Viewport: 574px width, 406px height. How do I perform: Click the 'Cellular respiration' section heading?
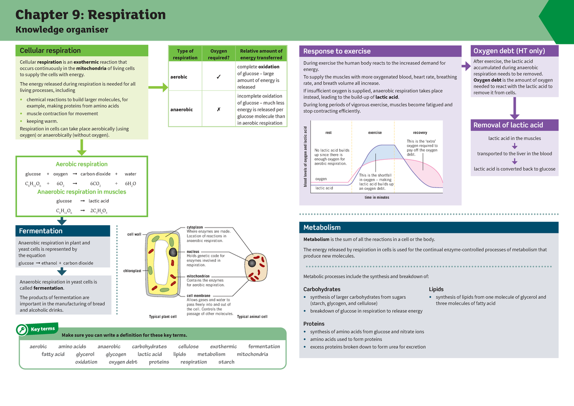[x=50, y=51]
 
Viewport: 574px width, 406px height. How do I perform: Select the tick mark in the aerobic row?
[x=218, y=77]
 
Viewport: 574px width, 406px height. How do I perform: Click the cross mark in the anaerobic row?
[x=218, y=110]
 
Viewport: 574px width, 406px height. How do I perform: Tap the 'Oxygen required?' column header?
[x=218, y=54]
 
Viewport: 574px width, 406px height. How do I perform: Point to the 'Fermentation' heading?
[x=41, y=231]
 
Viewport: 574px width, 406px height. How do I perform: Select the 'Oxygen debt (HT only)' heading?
[x=508, y=51]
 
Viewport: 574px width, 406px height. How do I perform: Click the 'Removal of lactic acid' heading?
[x=508, y=125]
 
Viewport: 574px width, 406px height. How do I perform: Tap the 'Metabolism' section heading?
[x=322, y=228]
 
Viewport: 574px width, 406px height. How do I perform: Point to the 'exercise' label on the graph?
[x=375, y=132]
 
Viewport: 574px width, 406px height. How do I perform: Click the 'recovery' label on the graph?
[x=420, y=132]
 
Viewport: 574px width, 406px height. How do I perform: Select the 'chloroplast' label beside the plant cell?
[x=132, y=271]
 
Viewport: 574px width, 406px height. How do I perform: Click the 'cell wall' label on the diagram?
[x=134, y=234]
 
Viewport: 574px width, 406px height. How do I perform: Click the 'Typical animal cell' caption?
[x=252, y=317]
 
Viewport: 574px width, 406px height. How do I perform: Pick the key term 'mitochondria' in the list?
[x=252, y=354]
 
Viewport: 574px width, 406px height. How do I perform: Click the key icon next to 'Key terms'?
[x=22, y=330]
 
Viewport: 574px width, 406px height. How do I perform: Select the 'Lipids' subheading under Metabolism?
[x=436, y=289]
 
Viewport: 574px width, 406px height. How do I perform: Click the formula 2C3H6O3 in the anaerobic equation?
[x=99, y=210]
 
